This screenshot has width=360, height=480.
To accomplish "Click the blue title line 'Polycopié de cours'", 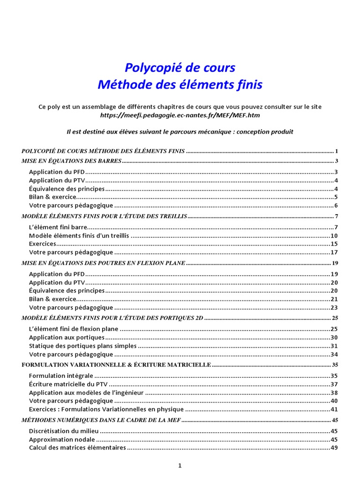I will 180,68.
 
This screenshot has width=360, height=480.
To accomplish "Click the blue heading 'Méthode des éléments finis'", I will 180,85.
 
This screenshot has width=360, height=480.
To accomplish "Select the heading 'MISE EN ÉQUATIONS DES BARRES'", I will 72,161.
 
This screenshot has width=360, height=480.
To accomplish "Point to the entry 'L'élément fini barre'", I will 58,227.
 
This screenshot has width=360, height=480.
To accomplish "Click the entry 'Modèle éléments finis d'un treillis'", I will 79,236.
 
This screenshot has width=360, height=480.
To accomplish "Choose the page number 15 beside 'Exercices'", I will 334,244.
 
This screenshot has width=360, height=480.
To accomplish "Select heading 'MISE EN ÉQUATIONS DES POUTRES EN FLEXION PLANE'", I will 104,263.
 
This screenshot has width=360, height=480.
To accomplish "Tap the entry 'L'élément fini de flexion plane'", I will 74,329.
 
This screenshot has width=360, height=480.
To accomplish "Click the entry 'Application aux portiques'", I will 67,337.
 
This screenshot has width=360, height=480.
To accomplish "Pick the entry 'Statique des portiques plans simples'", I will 83,346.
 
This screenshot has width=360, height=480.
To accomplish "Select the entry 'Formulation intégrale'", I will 61,376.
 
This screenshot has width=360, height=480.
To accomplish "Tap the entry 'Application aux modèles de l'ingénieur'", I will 86,393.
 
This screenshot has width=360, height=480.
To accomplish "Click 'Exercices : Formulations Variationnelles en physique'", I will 106,410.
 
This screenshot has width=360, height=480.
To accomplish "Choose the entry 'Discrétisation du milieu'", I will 63,431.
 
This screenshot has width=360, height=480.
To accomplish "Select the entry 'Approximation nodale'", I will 62,440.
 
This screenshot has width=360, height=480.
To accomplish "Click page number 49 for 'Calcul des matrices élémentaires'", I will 334,448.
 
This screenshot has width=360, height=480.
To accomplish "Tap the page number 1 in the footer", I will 180,465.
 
